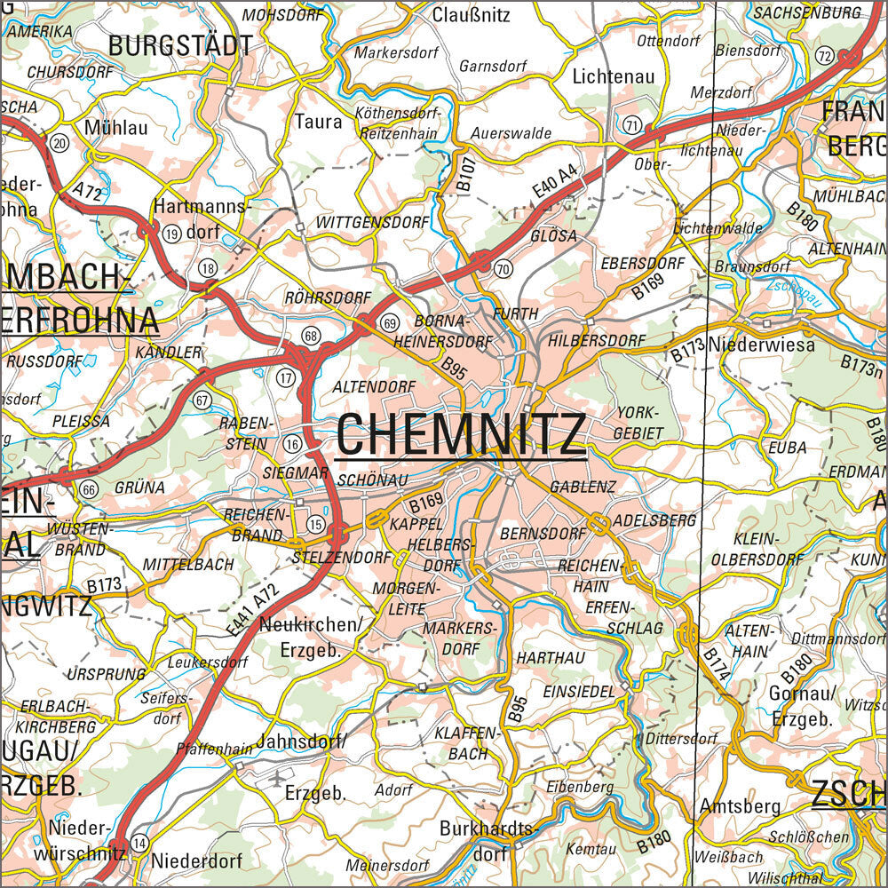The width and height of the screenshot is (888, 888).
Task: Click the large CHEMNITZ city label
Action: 461,434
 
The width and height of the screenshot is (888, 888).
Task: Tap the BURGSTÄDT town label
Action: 180,46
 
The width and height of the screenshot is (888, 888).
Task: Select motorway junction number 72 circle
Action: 824,57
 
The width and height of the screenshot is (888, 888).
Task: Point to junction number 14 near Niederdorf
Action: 139,842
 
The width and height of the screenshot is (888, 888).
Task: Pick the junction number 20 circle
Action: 59,143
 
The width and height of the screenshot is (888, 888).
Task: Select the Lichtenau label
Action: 614,77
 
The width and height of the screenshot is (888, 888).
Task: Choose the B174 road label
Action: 716,664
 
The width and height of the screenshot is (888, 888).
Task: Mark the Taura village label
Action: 318,122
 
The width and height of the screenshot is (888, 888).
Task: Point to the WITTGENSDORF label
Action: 373,223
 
